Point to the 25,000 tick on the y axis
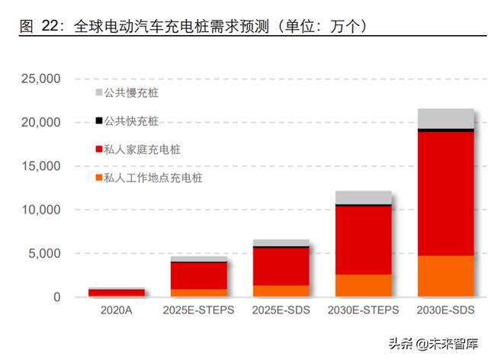pos(39,79)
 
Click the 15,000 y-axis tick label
pos(39,166)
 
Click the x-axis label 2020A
pos(116,310)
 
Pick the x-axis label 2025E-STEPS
pos(198,310)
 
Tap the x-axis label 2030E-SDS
pos(446,310)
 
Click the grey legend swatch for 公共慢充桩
pos(98,92)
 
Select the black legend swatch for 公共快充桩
pos(98,121)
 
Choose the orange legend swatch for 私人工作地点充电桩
pos(98,178)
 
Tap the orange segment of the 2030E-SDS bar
pos(446,275)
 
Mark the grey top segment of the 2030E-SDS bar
pos(446,118)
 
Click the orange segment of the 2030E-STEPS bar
pos(364,285)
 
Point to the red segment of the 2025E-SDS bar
pos(281,266)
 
